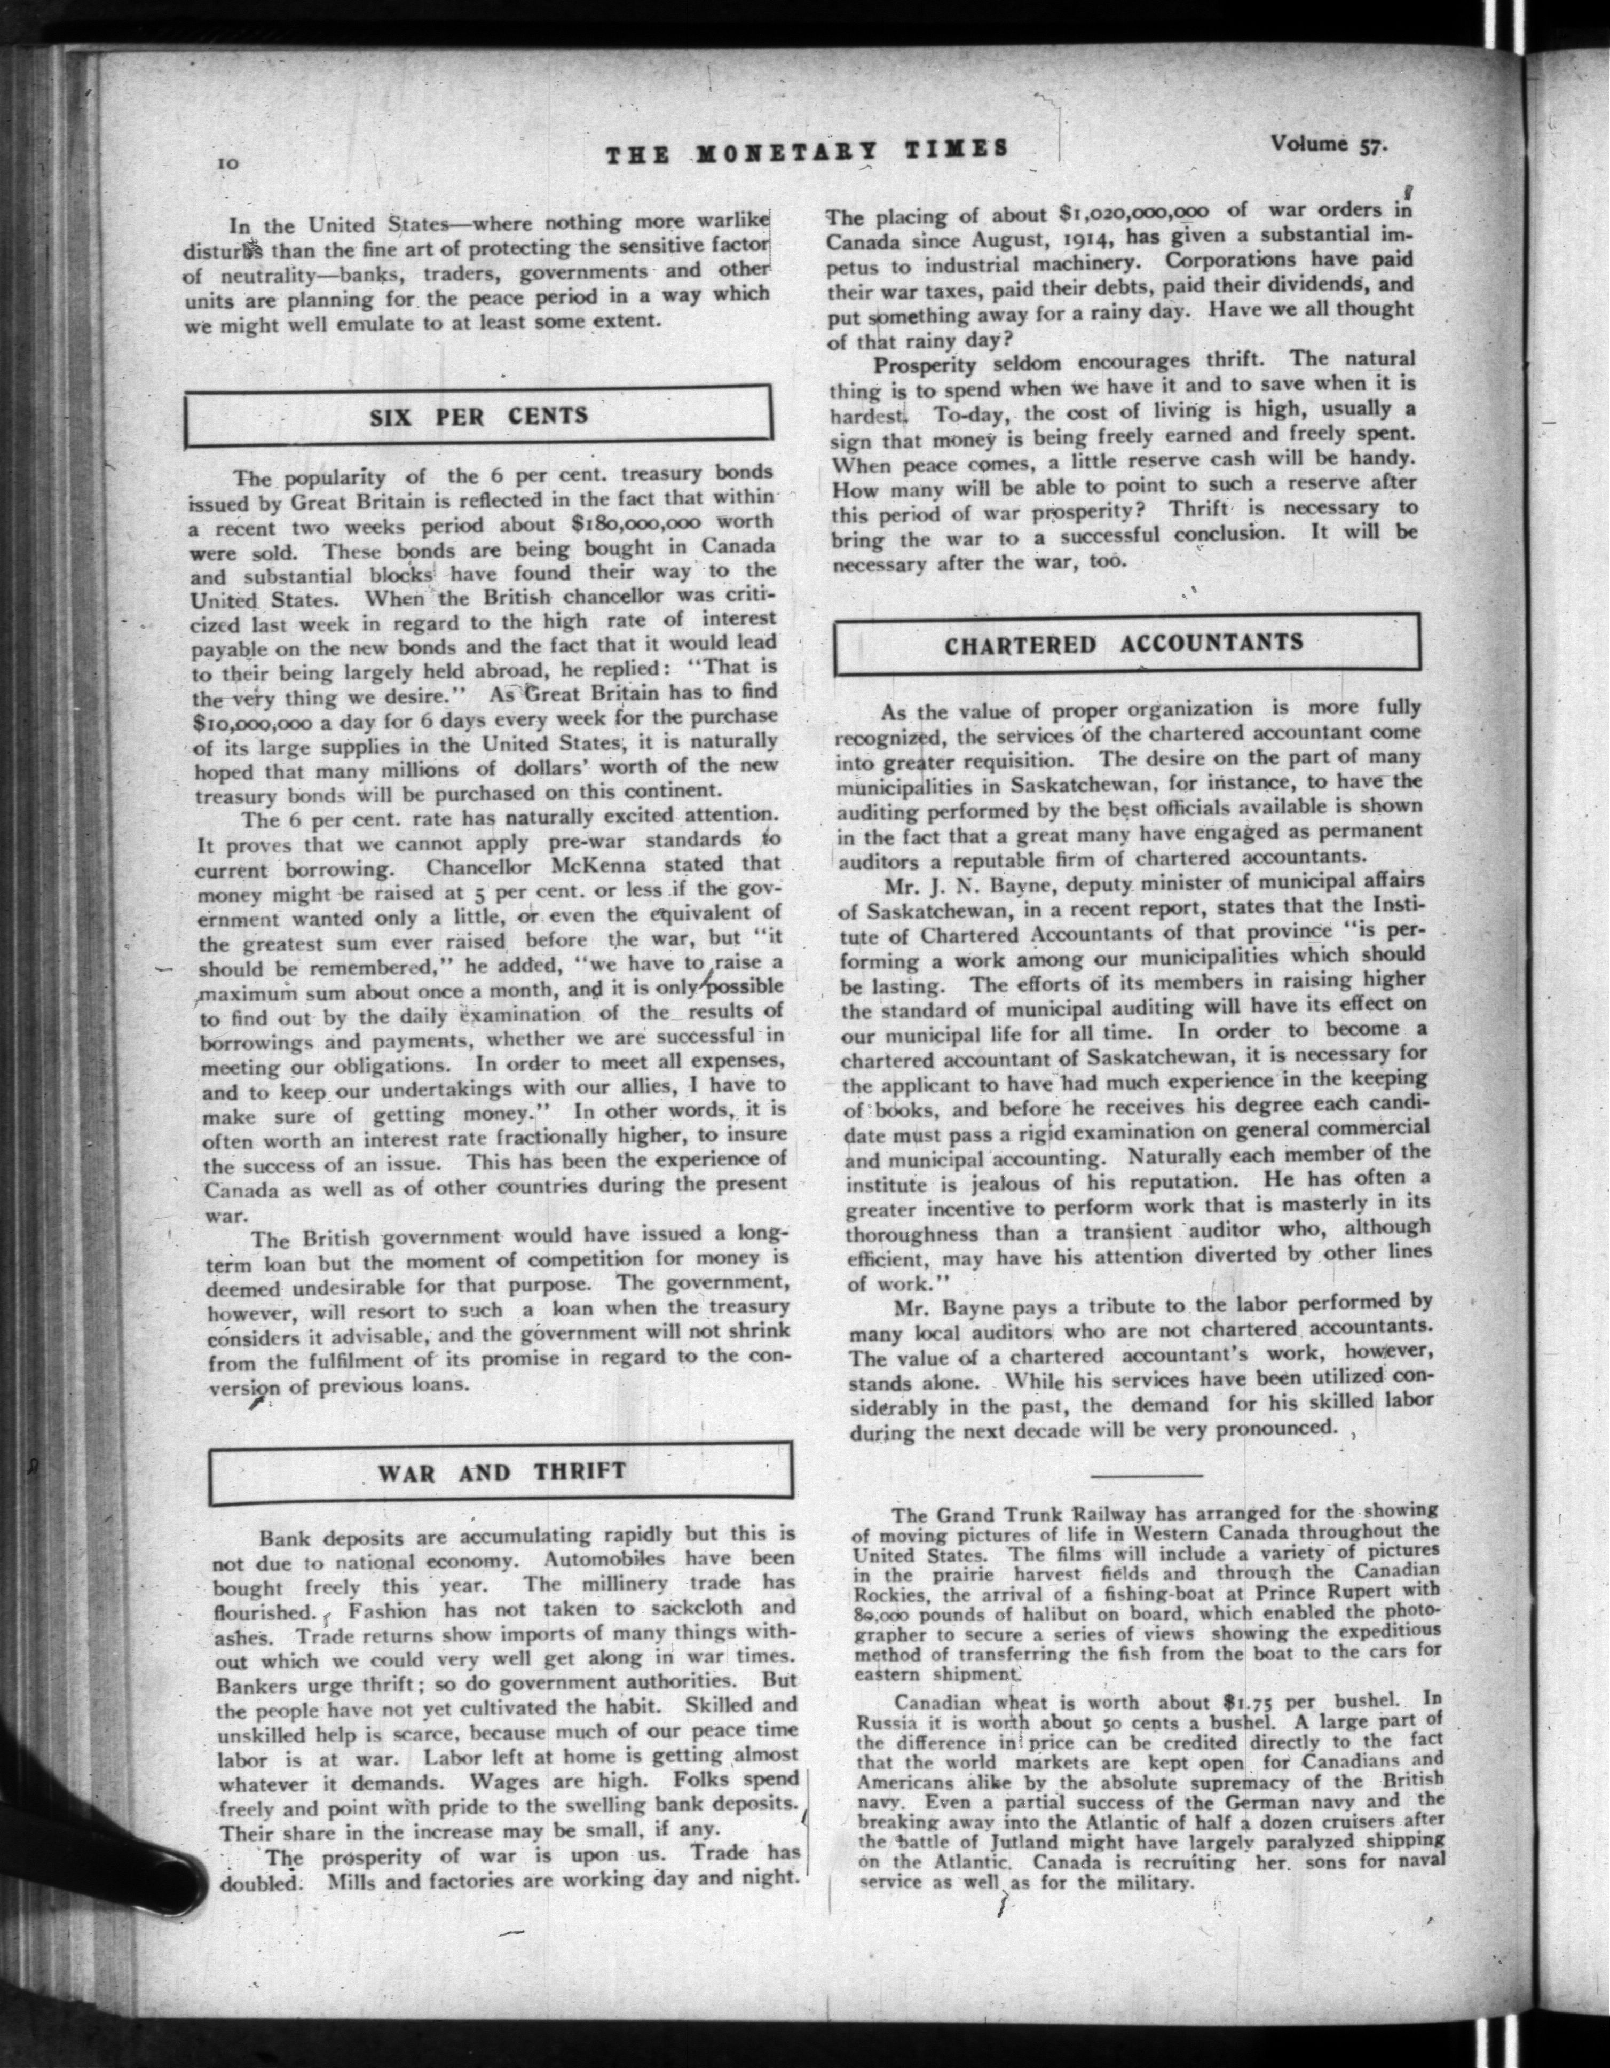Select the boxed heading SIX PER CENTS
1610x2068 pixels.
[x=479, y=416]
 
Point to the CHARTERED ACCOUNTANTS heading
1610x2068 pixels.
[x=1124, y=643]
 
